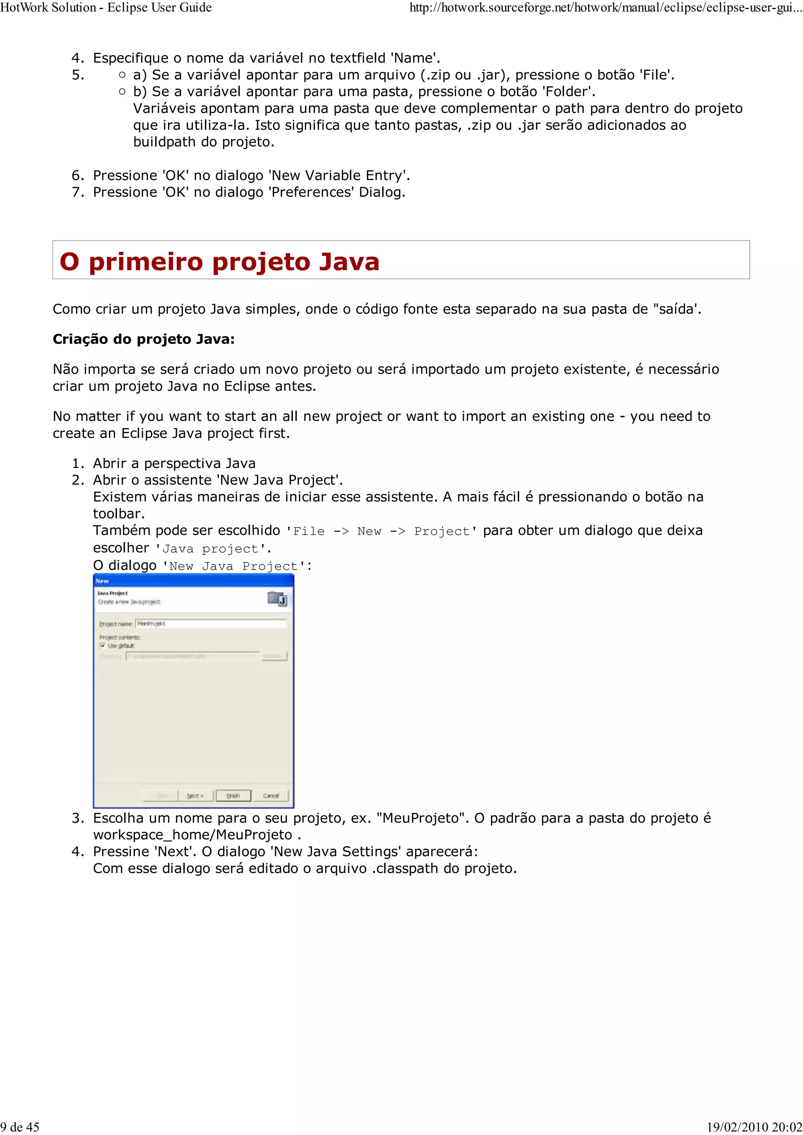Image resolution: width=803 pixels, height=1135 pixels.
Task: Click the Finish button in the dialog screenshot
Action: [233, 795]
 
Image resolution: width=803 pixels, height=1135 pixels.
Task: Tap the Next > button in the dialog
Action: [195, 795]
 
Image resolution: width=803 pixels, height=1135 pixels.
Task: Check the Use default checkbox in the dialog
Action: [103, 645]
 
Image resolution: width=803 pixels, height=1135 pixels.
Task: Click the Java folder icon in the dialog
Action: [277, 599]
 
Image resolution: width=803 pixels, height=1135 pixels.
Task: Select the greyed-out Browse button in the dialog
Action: [274, 656]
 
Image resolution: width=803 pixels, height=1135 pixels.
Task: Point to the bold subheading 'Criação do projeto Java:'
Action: [144, 339]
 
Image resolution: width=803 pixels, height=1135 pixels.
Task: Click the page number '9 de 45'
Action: [20, 1127]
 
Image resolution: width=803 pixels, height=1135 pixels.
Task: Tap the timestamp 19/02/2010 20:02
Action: [754, 1127]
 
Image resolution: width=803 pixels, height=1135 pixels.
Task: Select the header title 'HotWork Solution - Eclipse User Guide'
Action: [106, 7]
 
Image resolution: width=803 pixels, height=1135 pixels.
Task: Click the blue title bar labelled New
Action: [193, 581]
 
